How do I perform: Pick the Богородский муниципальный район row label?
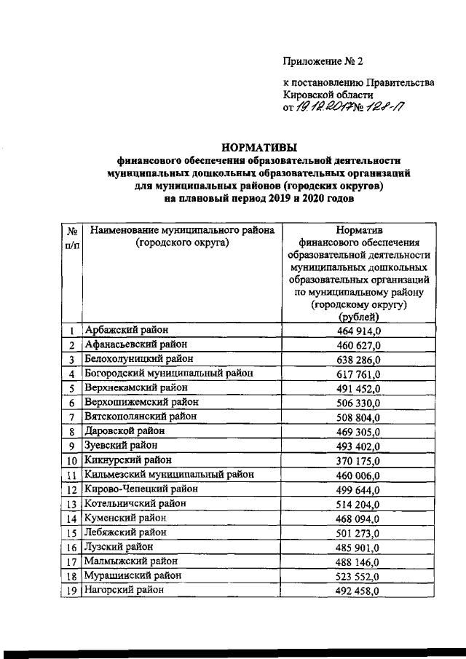tap(169, 374)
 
